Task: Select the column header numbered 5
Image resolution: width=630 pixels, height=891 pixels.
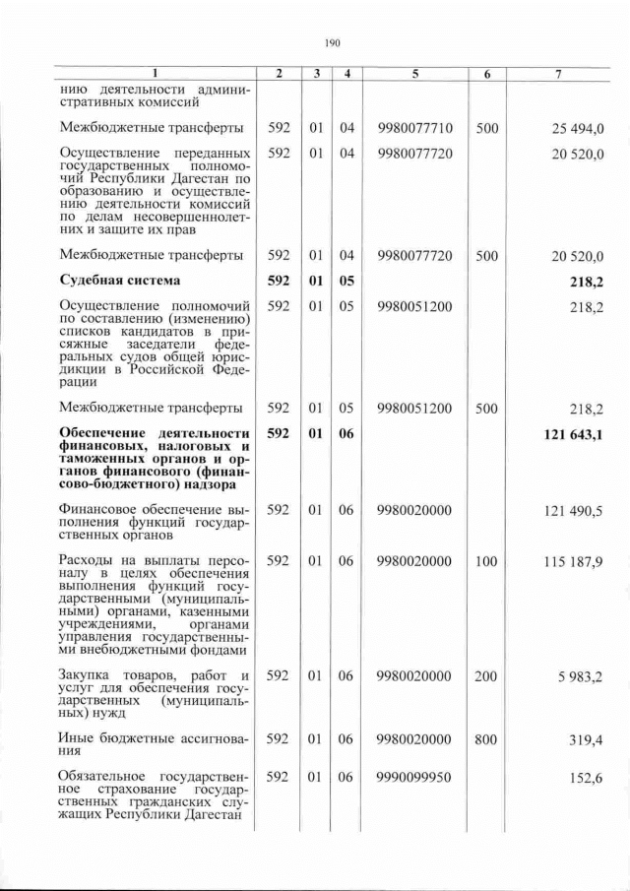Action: [x=413, y=74]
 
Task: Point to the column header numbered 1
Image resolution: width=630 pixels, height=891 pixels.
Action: [x=155, y=74]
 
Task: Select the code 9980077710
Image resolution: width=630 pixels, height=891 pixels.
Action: [x=413, y=128]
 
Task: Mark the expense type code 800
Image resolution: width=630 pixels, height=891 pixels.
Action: [x=485, y=739]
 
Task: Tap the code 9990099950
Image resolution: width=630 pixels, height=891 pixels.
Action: [x=413, y=777]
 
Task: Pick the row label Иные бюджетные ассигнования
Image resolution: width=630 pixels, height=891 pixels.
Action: [x=154, y=745]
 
